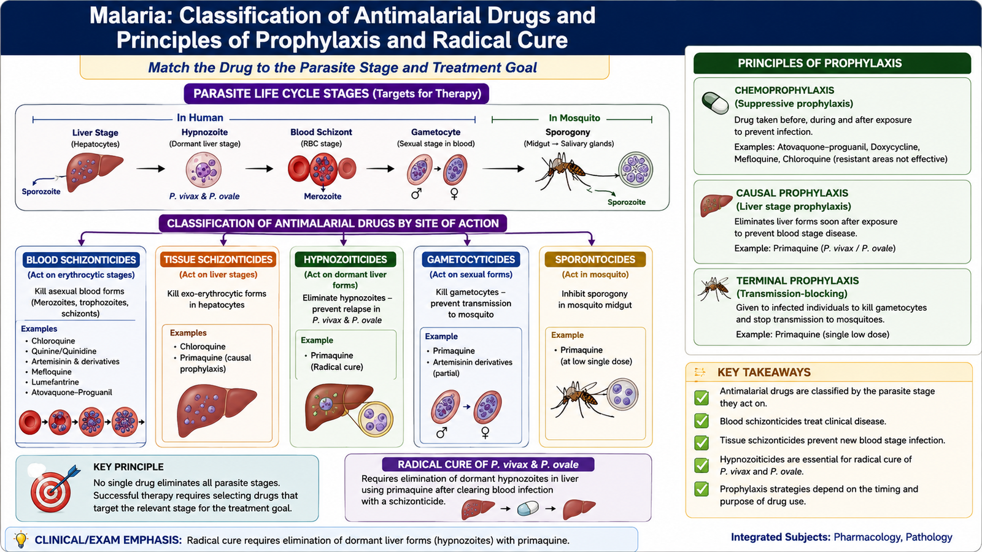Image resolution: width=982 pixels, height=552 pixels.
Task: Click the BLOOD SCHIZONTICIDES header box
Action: [81, 260]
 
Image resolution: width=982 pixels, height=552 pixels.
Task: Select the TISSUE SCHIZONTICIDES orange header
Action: [218, 259]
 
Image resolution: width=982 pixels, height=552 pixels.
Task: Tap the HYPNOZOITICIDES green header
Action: [346, 259]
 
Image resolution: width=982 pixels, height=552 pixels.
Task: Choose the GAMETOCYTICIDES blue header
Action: [471, 259]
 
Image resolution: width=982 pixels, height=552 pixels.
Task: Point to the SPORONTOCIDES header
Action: [595, 259]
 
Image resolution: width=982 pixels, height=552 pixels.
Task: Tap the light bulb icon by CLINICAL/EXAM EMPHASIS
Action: [21, 539]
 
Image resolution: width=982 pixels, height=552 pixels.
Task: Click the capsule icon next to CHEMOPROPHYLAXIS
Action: [715, 103]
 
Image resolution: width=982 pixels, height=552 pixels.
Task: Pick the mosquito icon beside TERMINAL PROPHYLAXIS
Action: [714, 289]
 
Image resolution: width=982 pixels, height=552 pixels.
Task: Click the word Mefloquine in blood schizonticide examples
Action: [52, 372]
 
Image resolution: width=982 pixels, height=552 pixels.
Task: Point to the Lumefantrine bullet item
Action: [55, 382]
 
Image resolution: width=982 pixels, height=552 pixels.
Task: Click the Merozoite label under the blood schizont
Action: [323, 196]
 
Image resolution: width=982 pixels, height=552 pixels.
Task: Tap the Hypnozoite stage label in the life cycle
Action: [205, 132]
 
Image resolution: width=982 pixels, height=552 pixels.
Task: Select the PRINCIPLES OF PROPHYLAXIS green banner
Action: [832, 63]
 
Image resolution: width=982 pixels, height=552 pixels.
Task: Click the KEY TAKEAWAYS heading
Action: [764, 372]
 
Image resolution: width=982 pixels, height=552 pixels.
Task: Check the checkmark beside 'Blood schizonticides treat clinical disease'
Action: [702, 421]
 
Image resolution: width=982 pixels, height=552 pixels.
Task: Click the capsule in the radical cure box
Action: [528, 508]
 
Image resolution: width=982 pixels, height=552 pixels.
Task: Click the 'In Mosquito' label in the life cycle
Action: [574, 118]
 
